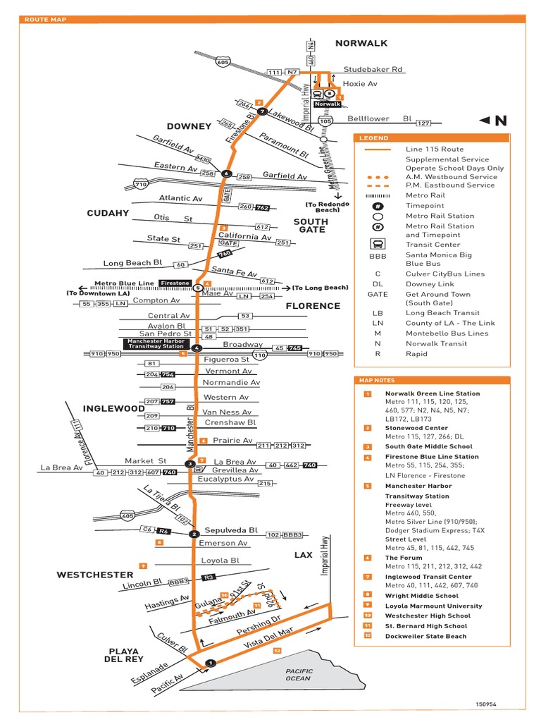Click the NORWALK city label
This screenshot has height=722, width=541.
click(361, 43)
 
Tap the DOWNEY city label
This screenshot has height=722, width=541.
click(189, 126)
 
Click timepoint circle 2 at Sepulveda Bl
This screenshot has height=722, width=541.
click(194, 534)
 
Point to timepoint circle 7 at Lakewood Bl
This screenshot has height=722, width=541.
click(261, 111)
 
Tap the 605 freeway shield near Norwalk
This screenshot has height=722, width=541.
click(222, 63)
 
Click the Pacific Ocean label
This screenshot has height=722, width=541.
click(297, 674)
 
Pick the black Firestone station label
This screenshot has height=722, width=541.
click(174, 283)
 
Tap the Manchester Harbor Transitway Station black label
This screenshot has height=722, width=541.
click(156, 343)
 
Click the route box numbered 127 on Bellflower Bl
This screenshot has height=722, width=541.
click(423, 123)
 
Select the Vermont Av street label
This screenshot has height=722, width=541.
click(228, 371)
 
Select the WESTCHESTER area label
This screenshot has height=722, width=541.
click(95, 575)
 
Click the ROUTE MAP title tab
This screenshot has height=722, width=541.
click(46, 20)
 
